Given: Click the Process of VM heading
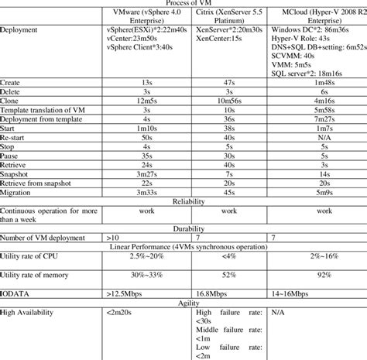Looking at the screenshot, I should click(183, 4).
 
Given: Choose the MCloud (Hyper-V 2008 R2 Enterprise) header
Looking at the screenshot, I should click(314, 19).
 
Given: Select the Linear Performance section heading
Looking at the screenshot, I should click(183, 245).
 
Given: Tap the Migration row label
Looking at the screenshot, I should click(19, 192).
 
